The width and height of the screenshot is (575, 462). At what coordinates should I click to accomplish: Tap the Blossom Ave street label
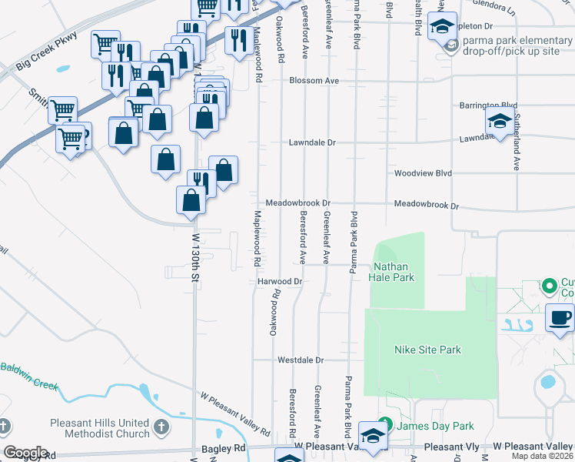314,81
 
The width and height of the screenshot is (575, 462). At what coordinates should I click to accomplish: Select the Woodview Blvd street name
422,173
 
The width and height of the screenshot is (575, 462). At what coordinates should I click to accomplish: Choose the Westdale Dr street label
301,360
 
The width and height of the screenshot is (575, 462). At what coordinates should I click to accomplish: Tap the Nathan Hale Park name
394,273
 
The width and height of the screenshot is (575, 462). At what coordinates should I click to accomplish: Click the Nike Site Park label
427,350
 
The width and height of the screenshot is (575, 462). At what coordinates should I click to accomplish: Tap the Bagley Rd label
229,447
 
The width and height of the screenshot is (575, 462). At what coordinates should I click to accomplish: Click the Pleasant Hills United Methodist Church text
100,428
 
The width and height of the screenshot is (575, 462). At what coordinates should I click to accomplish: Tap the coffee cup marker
560,318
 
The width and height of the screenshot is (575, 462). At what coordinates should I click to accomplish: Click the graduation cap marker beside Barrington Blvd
500,122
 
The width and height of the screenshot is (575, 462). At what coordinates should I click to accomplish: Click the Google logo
25,453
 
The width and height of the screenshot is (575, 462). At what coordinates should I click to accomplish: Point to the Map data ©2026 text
543,456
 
